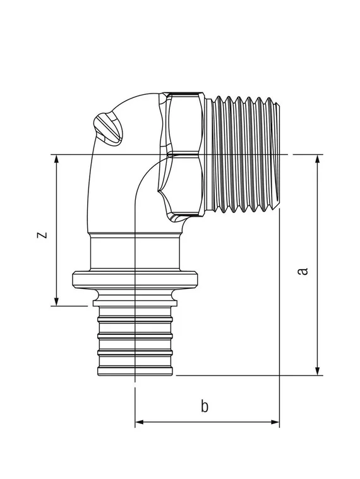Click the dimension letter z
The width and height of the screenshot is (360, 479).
[42, 234]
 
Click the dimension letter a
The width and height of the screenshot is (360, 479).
[303, 270]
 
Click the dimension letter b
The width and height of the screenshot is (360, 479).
[205, 406]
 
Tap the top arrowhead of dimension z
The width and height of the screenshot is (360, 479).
[56, 159]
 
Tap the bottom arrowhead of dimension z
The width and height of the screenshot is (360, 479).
[56, 301]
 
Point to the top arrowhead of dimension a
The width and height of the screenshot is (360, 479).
[318, 159]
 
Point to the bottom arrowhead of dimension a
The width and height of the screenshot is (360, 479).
[318, 370]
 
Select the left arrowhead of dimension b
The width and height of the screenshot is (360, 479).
[140, 422]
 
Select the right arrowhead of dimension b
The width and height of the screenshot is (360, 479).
[275, 422]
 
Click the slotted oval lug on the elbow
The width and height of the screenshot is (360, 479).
[108, 128]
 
